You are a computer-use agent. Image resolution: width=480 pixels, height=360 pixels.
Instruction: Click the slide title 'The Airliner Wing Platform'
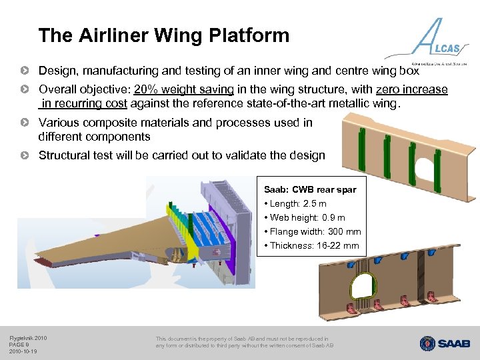(x=164, y=35)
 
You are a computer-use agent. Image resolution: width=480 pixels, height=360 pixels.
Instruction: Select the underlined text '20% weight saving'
(x=183, y=89)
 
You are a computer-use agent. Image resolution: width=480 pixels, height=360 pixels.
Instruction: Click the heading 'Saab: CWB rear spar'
(x=310, y=189)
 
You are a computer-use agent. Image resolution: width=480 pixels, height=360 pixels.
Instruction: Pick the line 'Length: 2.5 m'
(x=298, y=203)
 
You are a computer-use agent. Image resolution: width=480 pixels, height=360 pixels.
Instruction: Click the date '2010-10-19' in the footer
(x=23, y=351)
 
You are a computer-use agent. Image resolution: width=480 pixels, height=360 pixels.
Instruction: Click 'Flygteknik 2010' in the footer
(x=28, y=338)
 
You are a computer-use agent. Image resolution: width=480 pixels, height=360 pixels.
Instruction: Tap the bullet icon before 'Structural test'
(x=25, y=155)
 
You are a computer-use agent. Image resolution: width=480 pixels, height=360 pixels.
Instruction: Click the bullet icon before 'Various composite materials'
(x=25, y=123)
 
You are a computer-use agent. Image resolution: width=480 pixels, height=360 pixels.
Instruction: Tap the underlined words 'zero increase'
(x=411, y=89)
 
